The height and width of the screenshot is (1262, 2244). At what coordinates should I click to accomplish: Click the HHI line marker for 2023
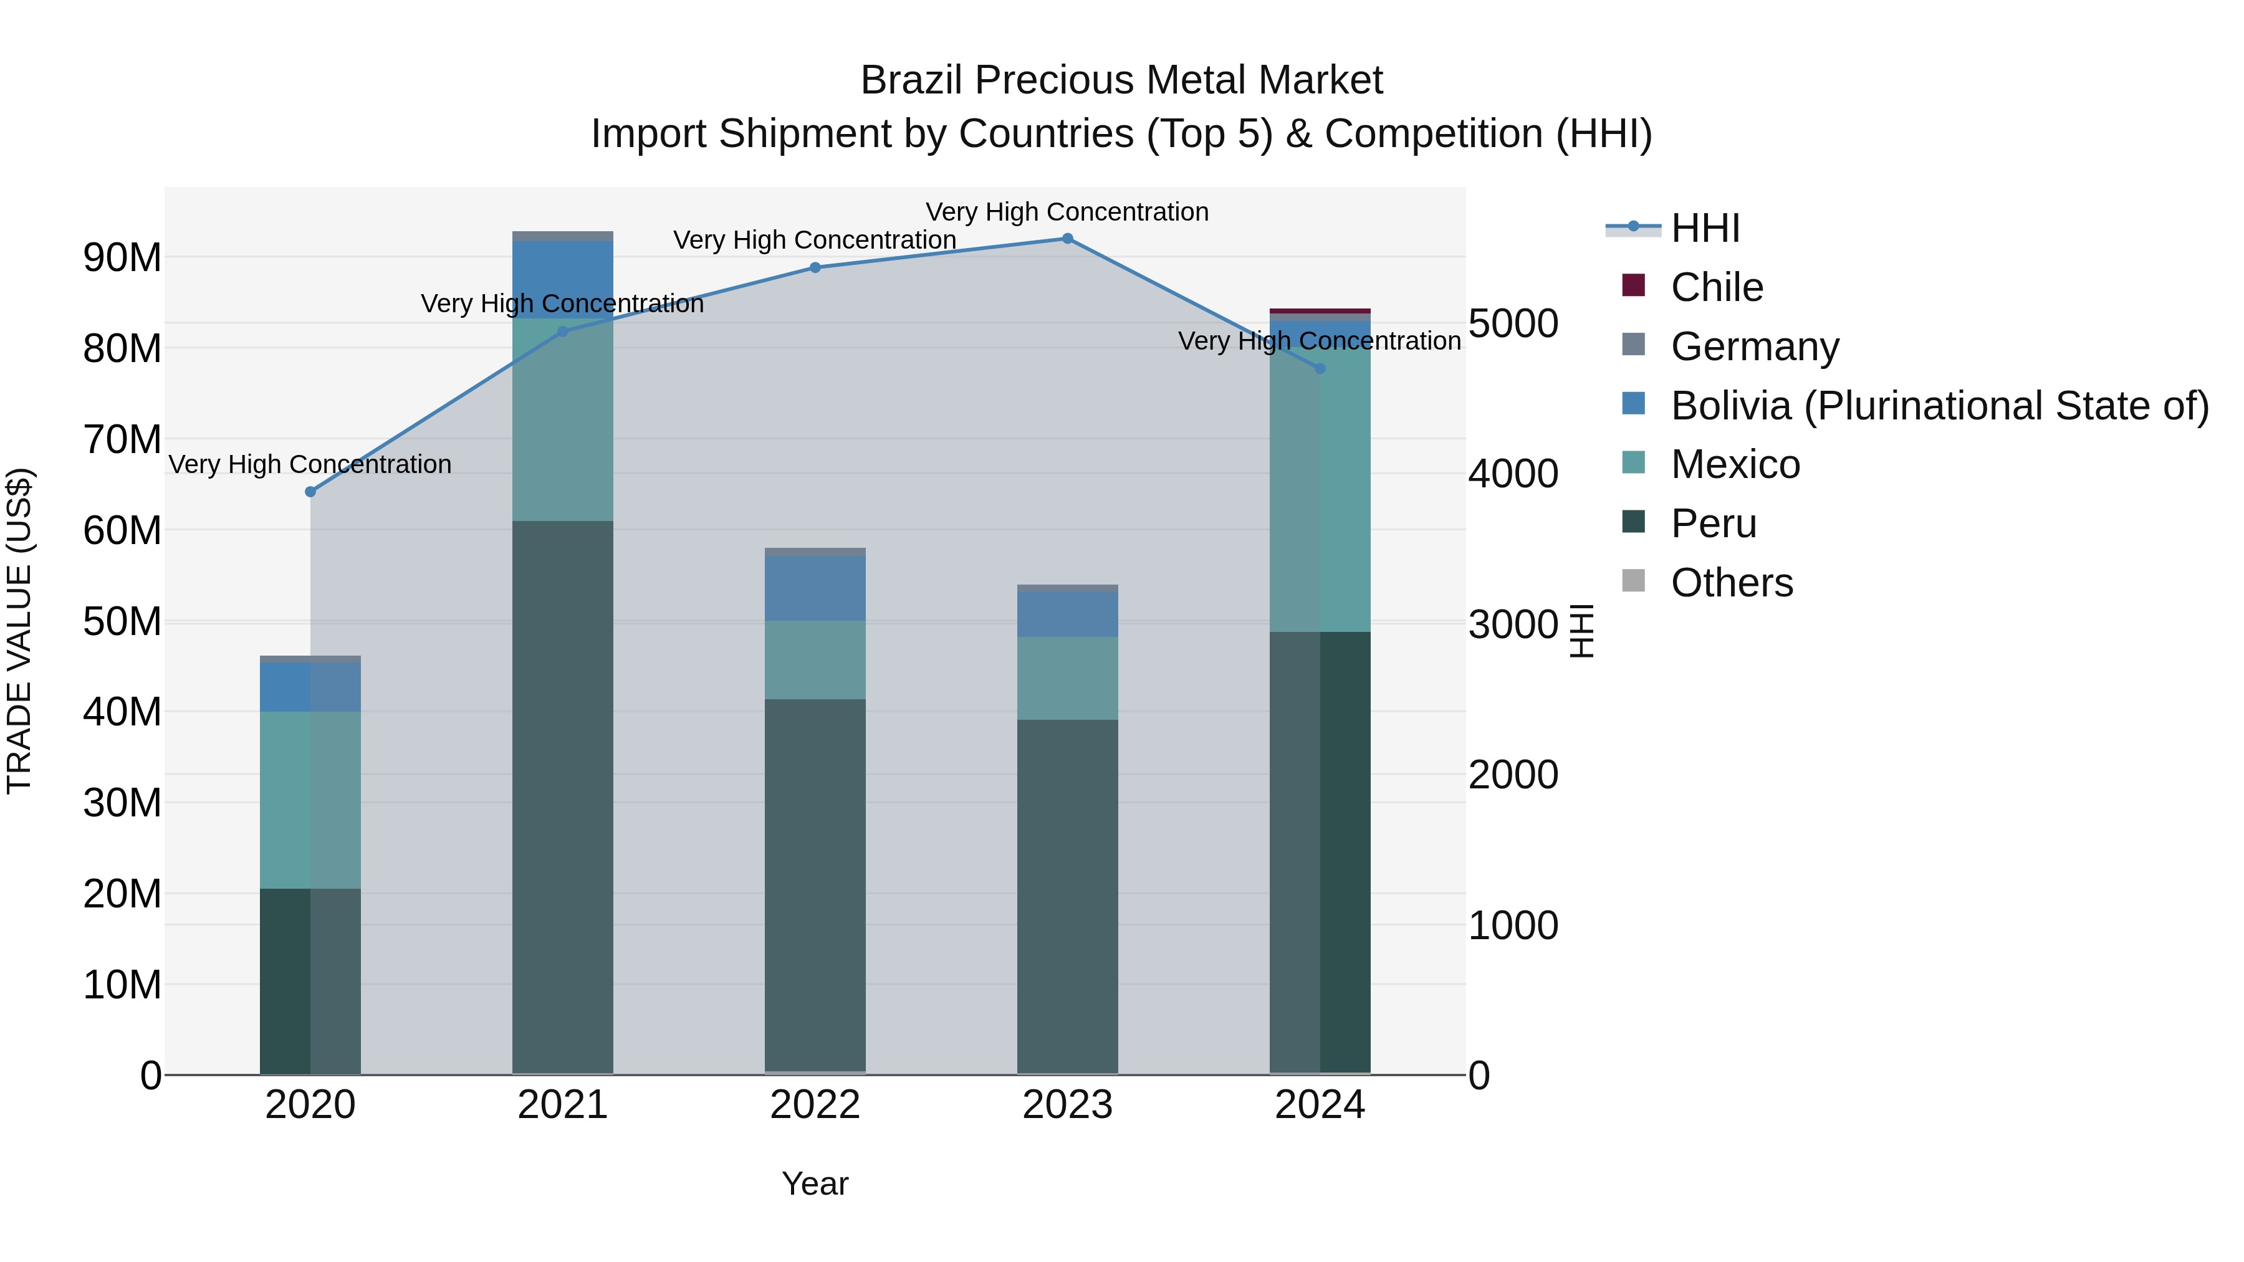(x=1067, y=239)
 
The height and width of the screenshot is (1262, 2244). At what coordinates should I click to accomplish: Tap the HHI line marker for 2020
(x=310, y=492)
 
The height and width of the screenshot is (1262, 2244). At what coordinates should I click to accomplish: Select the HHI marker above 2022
(x=815, y=267)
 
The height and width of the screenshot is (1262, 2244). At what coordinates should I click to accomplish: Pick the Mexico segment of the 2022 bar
(x=815, y=659)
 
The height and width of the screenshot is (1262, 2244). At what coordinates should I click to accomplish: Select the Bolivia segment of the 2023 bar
(x=1067, y=614)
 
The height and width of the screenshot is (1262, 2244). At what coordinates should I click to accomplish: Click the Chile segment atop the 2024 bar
(x=1320, y=311)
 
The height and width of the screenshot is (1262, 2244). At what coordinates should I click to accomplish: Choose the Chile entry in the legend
(x=1716, y=287)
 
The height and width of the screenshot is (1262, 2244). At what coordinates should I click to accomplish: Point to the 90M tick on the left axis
(x=122, y=258)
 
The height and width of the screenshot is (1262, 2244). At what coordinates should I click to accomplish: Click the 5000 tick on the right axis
(x=1513, y=324)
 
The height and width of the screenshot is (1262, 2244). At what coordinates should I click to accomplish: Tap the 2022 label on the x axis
(x=815, y=1105)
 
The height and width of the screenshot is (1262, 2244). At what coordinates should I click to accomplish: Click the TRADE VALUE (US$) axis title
(x=20, y=631)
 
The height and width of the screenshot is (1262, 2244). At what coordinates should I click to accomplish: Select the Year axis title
(x=815, y=1183)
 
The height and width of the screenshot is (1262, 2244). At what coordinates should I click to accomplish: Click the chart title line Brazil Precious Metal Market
(x=1121, y=80)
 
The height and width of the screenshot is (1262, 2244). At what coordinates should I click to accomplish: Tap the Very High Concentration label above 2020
(x=310, y=464)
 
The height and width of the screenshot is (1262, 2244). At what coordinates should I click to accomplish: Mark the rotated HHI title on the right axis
(x=1581, y=631)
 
